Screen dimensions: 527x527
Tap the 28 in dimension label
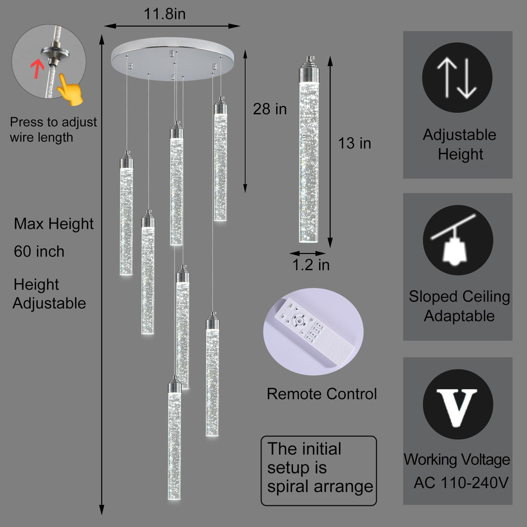270,109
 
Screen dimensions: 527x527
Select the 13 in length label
354,143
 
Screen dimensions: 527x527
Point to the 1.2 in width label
311,265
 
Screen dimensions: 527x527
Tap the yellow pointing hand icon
69,90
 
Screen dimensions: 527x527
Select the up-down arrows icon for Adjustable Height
457,78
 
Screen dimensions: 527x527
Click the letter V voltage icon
458,404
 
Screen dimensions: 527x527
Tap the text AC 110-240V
461,483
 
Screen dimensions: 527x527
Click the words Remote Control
322,394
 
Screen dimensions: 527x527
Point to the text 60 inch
39,252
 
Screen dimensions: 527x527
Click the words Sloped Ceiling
459,296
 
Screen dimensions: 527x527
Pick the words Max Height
54,224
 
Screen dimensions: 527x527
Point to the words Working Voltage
457,460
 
